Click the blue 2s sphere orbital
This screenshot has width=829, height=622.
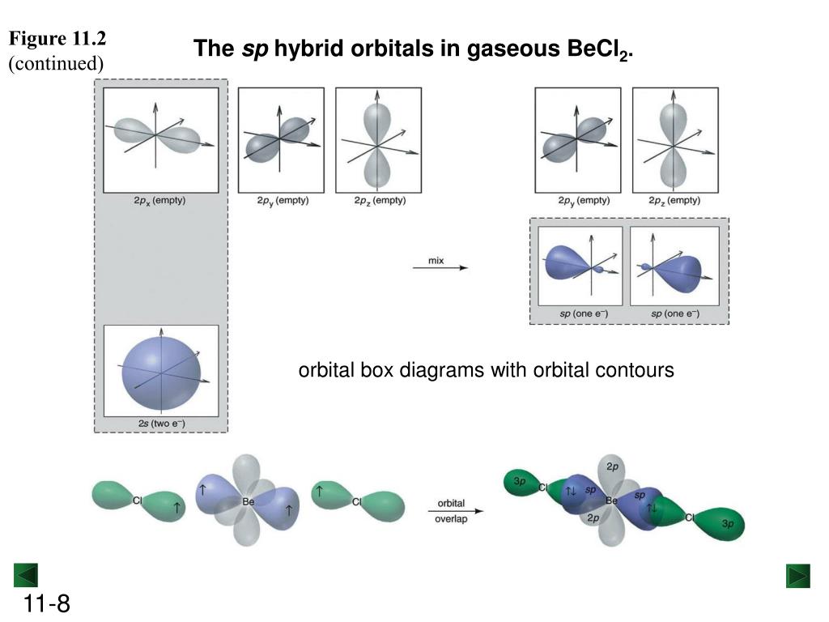pyautogui.click(x=161, y=373)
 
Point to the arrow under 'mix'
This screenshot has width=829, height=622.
pyautogui.click(x=440, y=269)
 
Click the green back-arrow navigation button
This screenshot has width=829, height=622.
pyautogui.click(x=26, y=576)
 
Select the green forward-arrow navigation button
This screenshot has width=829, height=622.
pyautogui.click(x=798, y=576)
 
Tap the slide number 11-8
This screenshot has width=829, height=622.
pyautogui.click(x=47, y=603)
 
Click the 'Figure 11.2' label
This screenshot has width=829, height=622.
pyautogui.click(x=57, y=39)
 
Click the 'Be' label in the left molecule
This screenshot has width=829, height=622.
pyautogui.click(x=249, y=502)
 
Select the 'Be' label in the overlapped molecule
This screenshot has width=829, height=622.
pyautogui.click(x=611, y=501)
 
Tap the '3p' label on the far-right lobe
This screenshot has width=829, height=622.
pyautogui.click(x=728, y=524)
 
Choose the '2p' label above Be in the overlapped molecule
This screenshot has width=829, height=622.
pyautogui.click(x=613, y=467)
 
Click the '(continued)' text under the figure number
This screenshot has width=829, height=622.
pyautogui.click(x=57, y=63)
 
